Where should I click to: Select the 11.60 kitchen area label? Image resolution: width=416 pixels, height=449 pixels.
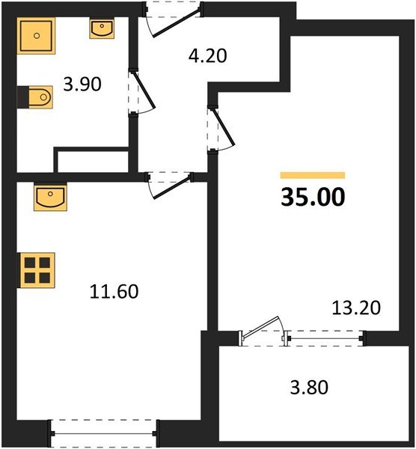click(x=113, y=290)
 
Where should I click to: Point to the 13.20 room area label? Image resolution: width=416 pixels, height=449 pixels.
click(x=356, y=307)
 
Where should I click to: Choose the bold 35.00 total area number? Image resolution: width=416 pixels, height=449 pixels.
click(x=313, y=198)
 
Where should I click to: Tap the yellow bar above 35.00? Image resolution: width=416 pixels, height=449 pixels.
click(x=313, y=175)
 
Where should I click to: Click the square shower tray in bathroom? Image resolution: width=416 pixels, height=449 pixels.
click(x=35, y=34)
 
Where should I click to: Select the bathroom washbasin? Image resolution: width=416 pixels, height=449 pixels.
click(x=102, y=29)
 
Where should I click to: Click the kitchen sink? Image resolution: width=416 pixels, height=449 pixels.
click(x=50, y=197)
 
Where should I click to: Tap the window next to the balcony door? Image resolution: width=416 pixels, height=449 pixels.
click(x=325, y=339)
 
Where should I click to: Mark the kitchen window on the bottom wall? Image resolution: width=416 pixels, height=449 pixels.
click(x=104, y=433)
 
